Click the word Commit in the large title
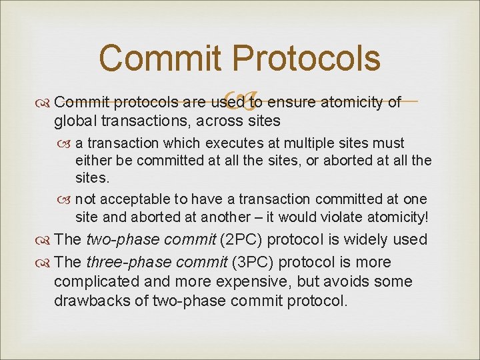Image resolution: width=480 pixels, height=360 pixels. click(159, 58)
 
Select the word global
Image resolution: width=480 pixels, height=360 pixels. click(75, 121)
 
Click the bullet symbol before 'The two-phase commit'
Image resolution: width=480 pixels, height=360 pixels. click(43, 240)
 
